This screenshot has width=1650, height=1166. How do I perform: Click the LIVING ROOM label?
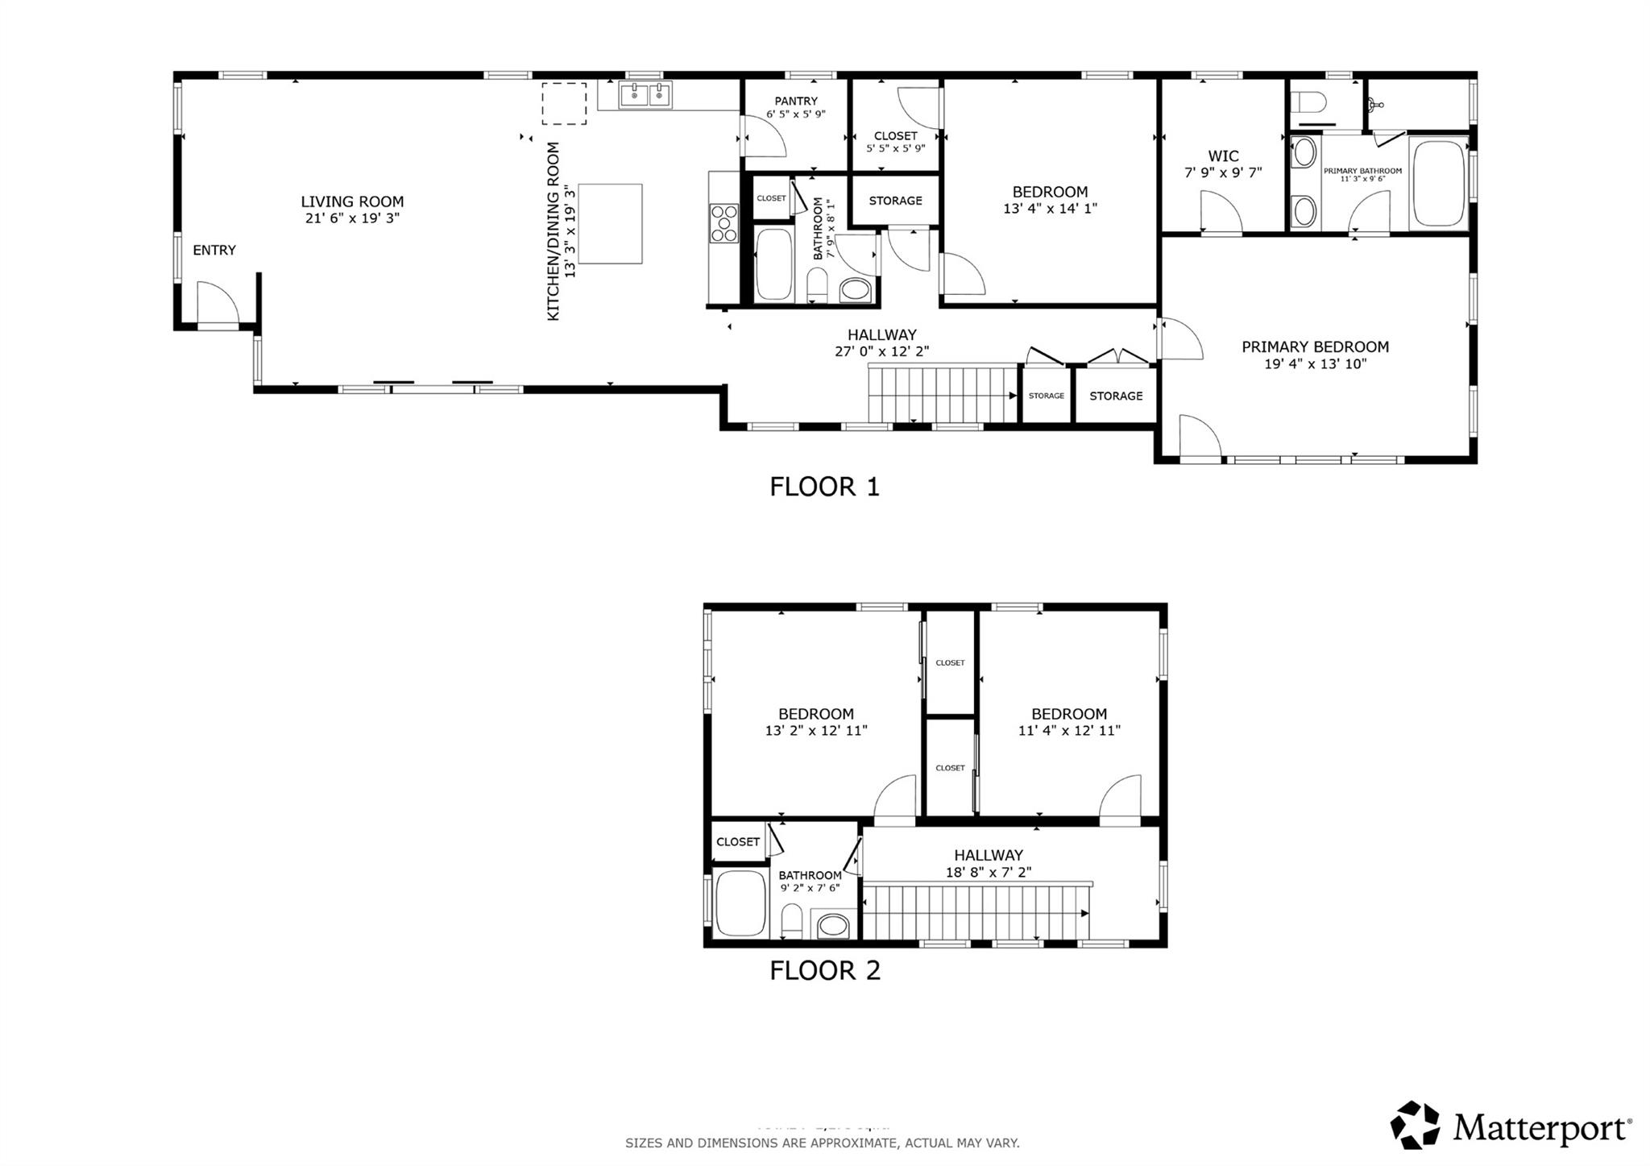tap(352, 202)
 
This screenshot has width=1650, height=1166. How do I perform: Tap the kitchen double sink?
tap(645, 95)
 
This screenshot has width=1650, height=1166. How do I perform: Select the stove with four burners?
tap(723, 223)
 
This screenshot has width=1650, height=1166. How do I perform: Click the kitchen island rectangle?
tap(610, 224)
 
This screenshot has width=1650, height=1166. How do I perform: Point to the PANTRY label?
tap(795, 101)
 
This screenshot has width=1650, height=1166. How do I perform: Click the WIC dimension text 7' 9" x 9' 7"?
tap(1222, 172)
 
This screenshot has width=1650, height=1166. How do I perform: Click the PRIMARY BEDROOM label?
tap(1314, 347)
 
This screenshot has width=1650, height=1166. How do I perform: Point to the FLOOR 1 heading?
tap(824, 487)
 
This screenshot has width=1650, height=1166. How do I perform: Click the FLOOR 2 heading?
tap(824, 970)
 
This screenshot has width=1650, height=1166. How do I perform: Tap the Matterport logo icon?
tap(1415, 1124)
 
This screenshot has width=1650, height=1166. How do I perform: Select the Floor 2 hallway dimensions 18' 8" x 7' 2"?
tap(988, 872)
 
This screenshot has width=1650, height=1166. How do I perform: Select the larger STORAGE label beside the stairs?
tap(1116, 396)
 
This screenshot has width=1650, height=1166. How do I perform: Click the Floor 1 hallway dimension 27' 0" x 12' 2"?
tap(881, 351)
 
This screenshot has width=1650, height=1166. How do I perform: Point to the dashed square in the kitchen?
tap(563, 103)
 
